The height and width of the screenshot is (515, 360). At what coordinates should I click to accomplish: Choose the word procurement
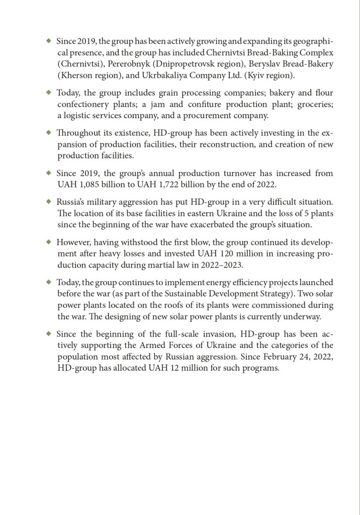pos(209,115)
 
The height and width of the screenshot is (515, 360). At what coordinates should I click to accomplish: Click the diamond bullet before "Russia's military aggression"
pos(49,201)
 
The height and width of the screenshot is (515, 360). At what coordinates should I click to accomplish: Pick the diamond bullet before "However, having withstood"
pos(49,241)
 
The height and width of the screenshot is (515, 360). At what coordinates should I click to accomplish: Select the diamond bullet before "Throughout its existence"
pos(49,132)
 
